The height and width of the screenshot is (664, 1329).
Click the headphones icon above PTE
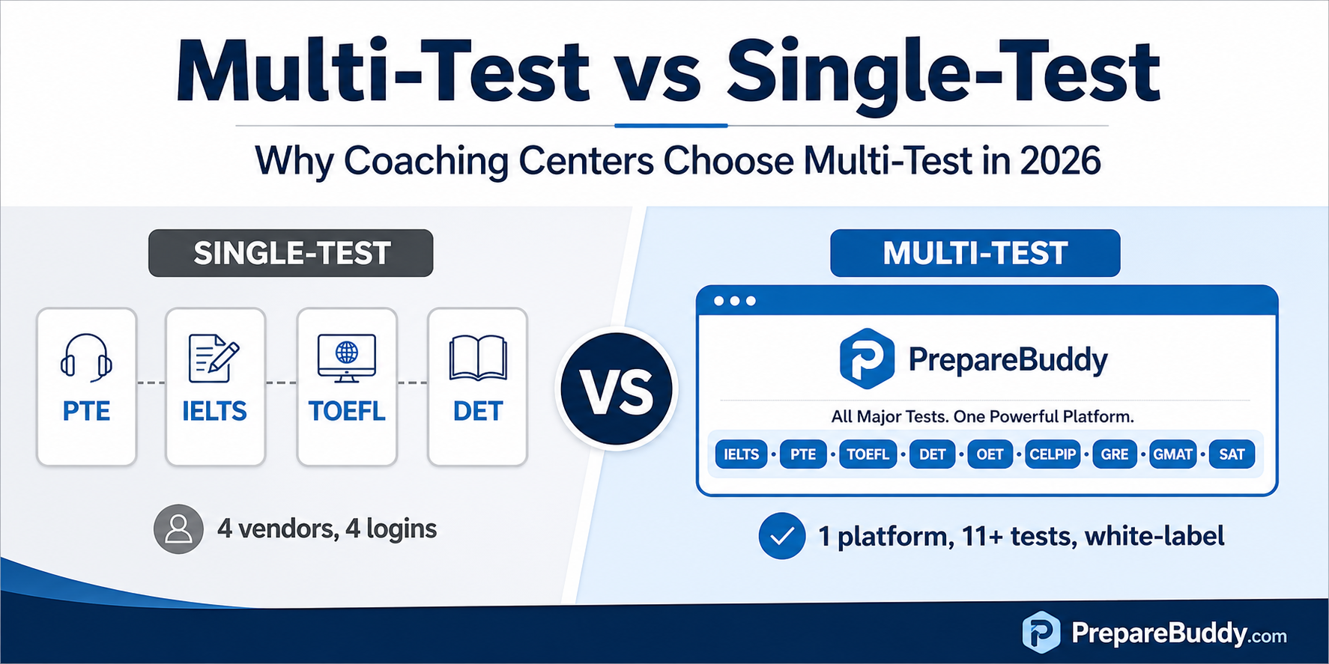(86, 355)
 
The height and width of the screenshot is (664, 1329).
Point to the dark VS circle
(617, 389)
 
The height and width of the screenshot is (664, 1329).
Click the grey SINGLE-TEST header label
(291, 253)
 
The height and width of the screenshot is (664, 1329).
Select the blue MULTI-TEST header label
(975, 253)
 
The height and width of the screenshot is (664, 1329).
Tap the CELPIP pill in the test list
(1053, 454)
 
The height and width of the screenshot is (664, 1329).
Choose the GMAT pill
(1172, 454)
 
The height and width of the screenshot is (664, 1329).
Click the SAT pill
(1232, 454)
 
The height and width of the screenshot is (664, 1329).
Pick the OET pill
(990, 454)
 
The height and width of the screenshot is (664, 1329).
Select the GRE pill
(1114, 454)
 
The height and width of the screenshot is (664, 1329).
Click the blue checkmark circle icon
(781, 536)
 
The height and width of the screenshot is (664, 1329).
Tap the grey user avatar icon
(178, 529)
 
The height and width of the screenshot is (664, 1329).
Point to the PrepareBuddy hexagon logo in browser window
(867, 359)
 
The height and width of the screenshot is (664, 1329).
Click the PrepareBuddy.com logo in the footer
(1154, 633)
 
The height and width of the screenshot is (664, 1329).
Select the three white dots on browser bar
(734, 301)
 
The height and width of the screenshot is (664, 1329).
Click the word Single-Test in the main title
(944, 73)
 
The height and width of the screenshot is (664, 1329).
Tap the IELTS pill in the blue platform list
(741, 454)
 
